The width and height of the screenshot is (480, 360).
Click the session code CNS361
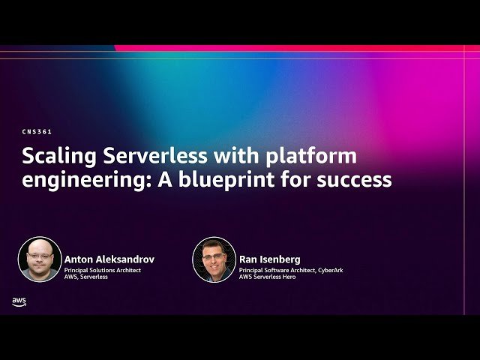(37, 131)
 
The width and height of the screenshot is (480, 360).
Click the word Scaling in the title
(56, 157)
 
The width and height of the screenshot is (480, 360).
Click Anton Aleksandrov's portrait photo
(40, 259)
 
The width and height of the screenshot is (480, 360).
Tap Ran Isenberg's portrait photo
(214, 259)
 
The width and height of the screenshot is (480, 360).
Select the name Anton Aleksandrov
(109, 259)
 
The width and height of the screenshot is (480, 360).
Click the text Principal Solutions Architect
(102, 270)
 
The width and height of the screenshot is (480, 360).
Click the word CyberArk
(328, 270)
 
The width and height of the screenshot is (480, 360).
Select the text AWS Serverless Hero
(267, 277)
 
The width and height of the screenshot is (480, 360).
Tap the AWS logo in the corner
(19, 301)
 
